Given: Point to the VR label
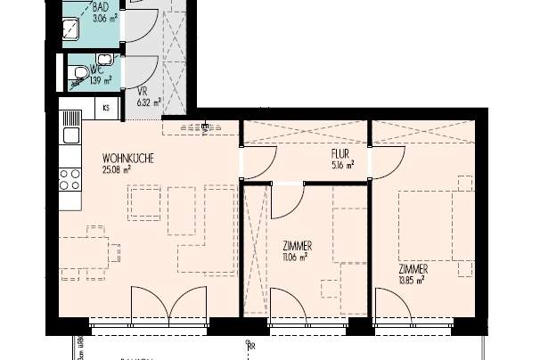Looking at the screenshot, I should pyautogui.click(x=142, y=91).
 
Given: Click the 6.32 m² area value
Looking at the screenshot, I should pyautogui.click(x=148, y=102).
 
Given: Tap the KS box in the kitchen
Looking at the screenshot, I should pyautogui.click(x=106, y=108).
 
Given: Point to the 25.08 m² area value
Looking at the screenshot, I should pyautogui.click(x=118, y=168).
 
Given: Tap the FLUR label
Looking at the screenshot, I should pyautogui.click(x=341, y=152).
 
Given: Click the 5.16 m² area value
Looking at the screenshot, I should pyautogui.click(x=342, y=164).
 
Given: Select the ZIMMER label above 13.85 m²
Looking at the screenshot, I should pyautogui.click(x=413, y=267).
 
